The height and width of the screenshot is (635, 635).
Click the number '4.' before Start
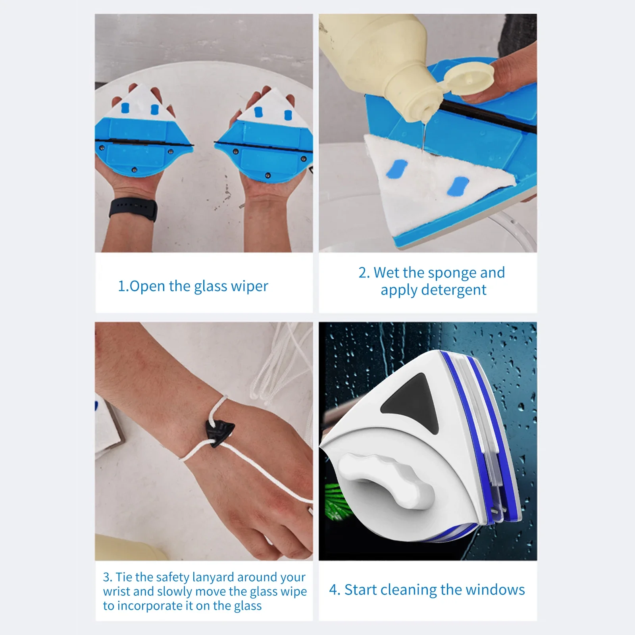[335, 590]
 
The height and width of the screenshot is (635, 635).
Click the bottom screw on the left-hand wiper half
[134, 170]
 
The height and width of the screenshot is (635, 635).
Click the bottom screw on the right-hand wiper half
[268, 175]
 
